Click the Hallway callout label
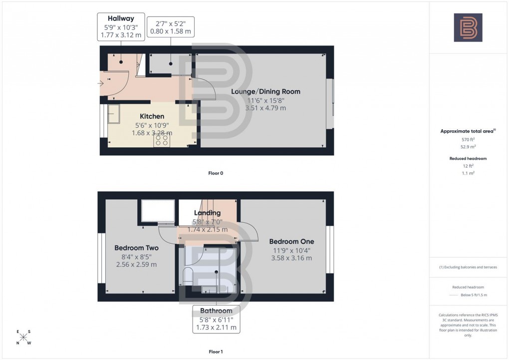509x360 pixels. pyautogui.click(x=122, y=27)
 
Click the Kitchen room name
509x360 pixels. pyautogui.click(x=152, y=116)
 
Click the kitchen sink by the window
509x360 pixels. pyautogui.click(x=114, y=113)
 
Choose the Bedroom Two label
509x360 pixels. pyautogui.click(x=136, y=248)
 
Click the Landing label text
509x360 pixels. pyautogui.click(x=207, y=213)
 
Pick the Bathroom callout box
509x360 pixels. pyautogui.click(x=216, y=319)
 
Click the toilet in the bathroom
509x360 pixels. pyautogui.click(x=188, y=276)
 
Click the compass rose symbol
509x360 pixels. pyautogui.click(x=23, y=337)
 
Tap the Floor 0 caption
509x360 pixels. pyautogui.click(x=216, y=173)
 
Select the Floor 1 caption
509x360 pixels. pyautogui.click(x=216, y=352)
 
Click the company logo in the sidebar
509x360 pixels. pyautogui.click(x=468, y=27)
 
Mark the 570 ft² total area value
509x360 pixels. pyautogui.click(x=468, y=140)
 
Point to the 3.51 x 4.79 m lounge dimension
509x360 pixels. pyautogui.click(x=265, y=108)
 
